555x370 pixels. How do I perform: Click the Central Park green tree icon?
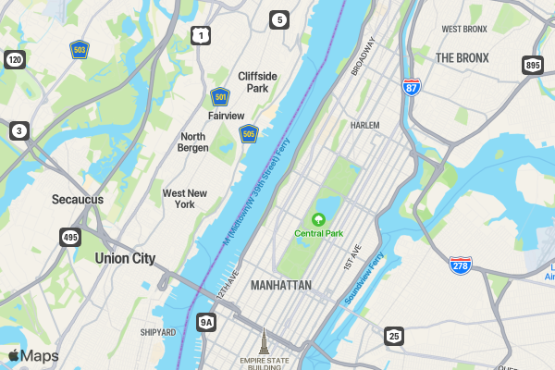[319, 219]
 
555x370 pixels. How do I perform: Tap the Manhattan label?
[280, 286]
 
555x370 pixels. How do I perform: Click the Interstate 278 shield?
[461, 265]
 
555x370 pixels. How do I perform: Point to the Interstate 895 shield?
[532, 65]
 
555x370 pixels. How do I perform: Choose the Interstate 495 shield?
[70, 237]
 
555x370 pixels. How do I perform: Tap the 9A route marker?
[206, 322]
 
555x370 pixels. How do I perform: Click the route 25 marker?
[394, 336]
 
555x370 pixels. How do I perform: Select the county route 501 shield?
[219, 96]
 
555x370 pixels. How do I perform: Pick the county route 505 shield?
[248, 135]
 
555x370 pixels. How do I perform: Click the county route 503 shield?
[80, 50]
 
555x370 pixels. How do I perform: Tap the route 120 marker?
[14, 60]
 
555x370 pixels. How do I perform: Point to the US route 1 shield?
[200, 36]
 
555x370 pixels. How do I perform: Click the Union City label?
[125, 259]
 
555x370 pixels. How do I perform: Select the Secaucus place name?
[78, 199]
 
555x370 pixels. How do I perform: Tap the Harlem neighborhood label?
[365, 125]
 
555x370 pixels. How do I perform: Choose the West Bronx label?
[464, 30]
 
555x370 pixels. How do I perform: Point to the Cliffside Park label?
[252, 81]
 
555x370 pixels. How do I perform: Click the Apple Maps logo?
[33, 356]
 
